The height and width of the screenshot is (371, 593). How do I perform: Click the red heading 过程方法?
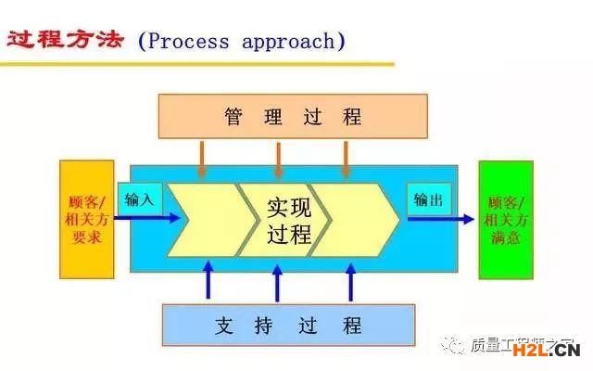tap(65, 41)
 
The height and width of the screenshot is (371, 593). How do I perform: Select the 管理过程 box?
tap(293, 116)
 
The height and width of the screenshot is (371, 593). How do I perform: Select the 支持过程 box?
tap(288, 326)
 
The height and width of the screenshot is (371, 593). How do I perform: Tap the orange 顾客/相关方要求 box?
tap(87, 219)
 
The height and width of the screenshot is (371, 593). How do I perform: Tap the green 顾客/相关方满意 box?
tap(506, 219)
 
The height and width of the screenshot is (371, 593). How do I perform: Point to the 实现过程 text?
tap(287, 220)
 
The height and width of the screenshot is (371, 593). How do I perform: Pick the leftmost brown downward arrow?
tap(203, 159)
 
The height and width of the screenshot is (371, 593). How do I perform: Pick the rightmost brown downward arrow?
tap(346, 159)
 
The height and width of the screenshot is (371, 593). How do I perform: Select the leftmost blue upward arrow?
tap(208, 280)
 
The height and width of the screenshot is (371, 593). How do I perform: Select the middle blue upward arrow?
tap(277, 280)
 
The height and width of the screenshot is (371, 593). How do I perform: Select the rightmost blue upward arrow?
tap(350, 280)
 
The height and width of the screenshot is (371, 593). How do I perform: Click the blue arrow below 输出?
tap(440, 220)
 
